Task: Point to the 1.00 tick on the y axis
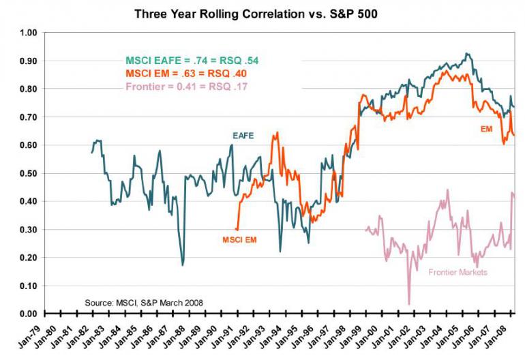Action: click(28, 33)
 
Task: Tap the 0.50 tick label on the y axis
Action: click(28, 173)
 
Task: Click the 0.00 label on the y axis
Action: click(28, 314)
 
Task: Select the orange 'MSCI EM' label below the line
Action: click(239, 239)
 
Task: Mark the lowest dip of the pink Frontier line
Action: click(409, 304)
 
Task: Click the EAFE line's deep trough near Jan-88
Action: click(183, 265)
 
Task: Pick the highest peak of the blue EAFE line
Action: click(466, 53)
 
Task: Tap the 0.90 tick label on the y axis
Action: click(28, 61)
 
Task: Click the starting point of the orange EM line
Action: click(237, 229)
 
